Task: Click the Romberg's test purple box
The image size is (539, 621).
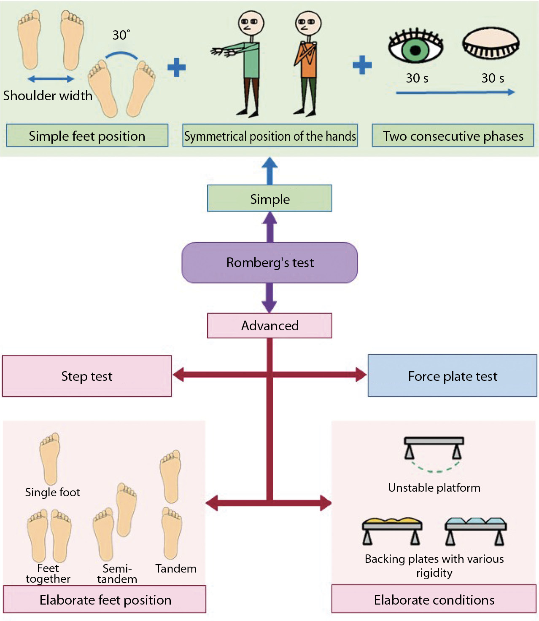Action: click(269, 262)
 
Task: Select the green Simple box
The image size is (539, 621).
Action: click(269, 198)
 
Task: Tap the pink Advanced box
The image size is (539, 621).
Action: click(269, 326)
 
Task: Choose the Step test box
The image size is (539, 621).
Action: click(87, 376)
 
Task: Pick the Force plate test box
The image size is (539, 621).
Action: click(452, 376)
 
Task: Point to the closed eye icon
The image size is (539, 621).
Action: click(491, 45)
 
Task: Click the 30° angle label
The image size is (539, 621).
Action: click(121, 35)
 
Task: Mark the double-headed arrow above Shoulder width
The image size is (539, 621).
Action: click(51, 79)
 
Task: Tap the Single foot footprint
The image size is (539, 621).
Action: click(50, 458)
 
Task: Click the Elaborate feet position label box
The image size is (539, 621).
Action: click(105, 600)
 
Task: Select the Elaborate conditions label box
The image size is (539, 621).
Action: click(434, 600)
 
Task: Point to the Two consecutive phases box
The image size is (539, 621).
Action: click(453, 136)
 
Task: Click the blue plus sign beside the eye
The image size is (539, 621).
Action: click(362, 65)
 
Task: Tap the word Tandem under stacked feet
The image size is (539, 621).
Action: click(176, 569)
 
